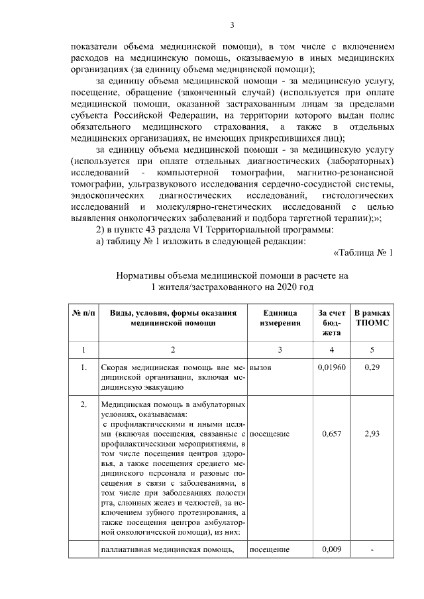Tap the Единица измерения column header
coord(280,318)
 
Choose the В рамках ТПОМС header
coord(372,318)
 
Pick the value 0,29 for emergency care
coord(372,367)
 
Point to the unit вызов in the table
coord(261,367)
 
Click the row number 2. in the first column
coord(83,404)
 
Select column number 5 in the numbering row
coord(372,349)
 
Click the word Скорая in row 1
coord(115,367)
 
